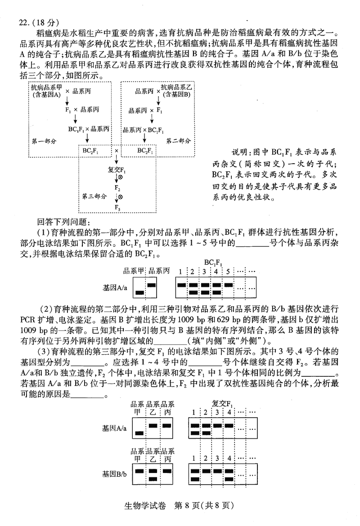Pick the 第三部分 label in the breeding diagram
tap(94, 196)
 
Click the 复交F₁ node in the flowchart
tap(117, 170)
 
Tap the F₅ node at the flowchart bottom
tap(117, 207)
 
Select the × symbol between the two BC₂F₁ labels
tap(117, 150)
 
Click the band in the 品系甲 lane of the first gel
tap(140, 292)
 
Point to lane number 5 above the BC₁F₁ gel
tap(228, 272)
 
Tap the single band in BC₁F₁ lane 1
tap(181, 285)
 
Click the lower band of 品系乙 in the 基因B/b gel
tap(153, 478)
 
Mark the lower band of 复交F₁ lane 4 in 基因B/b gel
tap(229, 478)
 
